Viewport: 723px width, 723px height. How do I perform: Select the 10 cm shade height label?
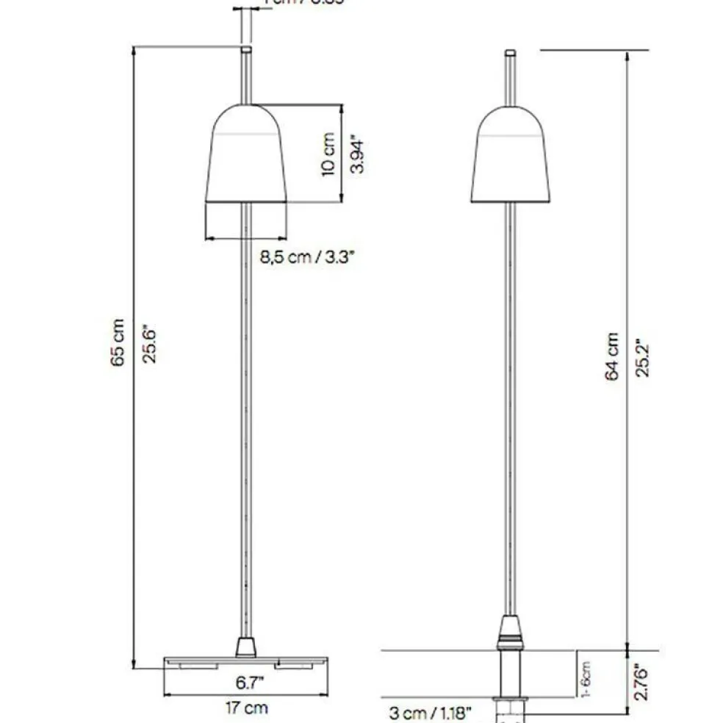coord(328,154)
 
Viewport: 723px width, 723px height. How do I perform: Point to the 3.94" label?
coord(357,154)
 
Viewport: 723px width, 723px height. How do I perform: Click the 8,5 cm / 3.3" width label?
coord(308,258)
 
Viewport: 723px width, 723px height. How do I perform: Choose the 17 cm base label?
coord(246,708)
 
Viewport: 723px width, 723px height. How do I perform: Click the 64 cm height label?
coord(611,356)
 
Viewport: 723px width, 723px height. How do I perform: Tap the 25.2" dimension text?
coord(644,356)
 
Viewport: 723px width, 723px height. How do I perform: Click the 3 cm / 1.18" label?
coord(430,712)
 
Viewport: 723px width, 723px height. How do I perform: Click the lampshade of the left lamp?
coord(246,158)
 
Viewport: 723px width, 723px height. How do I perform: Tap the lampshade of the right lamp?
coord(511,158)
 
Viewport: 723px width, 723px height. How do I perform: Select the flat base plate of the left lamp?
coord(245,661)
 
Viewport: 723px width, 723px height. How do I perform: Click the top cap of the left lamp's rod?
coord(246,50)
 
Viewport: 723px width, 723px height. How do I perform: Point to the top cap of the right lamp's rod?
coord(511,53)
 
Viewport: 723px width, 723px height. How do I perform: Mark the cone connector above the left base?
coord(245,647)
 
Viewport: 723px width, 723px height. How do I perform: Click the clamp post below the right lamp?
coord(511,672)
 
